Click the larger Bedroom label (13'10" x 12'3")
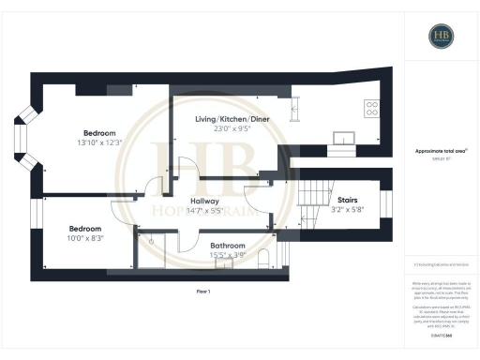point(100,132)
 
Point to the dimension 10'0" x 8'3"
point(85,238)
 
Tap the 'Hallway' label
point(204,201)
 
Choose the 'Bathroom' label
point(228,245)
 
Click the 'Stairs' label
point(346,199)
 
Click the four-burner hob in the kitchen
point(370,108)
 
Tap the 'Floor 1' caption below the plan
point(203,292)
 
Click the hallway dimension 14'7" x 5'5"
point(204,211)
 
